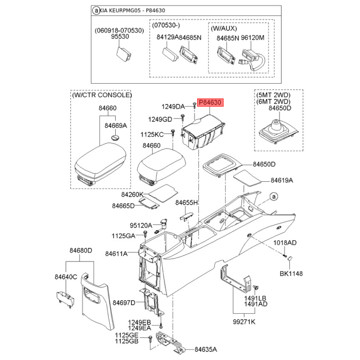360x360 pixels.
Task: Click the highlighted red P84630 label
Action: (x=210, y=103)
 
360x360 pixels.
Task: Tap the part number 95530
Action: (x=120, y=36)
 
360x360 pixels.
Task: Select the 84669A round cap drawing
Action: (x=115, y=138)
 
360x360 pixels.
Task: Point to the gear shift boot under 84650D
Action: (x=279, y=132)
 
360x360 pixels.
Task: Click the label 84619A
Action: (x=282, y=180)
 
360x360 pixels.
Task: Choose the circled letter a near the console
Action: (x=274, y=197)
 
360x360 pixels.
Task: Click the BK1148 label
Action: (x=291, y=274)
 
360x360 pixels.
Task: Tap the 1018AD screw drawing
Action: (x=285, y=256)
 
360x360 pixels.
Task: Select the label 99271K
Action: (x=244, y=322)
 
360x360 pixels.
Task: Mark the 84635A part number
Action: (x=206, y=350)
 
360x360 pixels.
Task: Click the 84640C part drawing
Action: (x=65, y=299)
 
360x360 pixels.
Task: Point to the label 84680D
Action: (x=81, y=250)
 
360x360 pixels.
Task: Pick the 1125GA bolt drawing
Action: (x=145, y=235)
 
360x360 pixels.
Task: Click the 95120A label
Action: (x=141, y=225)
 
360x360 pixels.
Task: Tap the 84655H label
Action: (x=186, y=203)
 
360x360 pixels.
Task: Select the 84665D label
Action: (x=123, y=206)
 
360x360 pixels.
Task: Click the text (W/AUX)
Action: (x=224, y=28)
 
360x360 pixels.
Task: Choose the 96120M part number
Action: (x=252, y=38)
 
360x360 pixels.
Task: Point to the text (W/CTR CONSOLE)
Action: (x=102, y=95)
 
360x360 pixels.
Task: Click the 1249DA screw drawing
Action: (x=194, y=106)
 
